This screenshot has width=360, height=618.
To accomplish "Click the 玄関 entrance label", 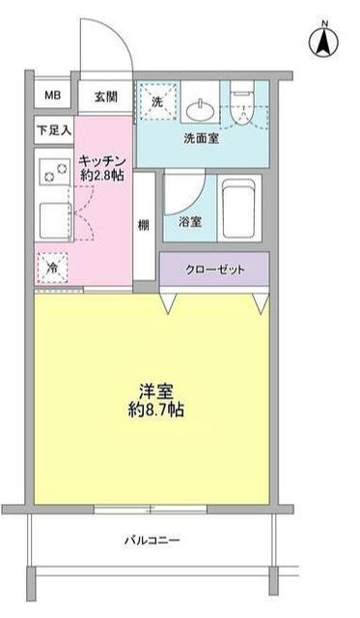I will point(104,96).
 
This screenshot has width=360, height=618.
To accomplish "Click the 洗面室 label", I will point(202,137).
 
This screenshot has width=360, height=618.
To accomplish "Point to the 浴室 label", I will point(189,221).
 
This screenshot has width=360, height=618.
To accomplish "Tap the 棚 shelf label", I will point(143,226).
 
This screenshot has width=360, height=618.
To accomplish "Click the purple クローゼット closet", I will point(214,269).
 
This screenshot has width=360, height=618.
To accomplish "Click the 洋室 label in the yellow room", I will point(152,391).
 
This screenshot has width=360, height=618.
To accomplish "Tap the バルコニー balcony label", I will point(152,540).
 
